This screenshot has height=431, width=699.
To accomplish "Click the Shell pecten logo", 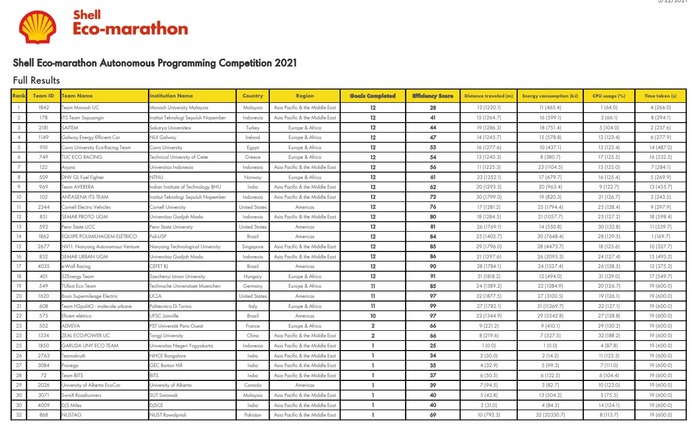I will tap(38, 27).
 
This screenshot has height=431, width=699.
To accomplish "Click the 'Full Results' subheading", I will tap(36, 80).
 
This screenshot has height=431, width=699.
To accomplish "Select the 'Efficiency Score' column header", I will tap(432, 96).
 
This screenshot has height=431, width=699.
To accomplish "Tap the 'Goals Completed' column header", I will tap(373, 96).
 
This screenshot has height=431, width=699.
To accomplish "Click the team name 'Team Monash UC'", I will tap(81, 108).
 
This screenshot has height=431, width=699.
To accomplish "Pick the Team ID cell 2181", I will tap(44, 127).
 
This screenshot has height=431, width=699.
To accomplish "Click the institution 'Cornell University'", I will tap(168, 207).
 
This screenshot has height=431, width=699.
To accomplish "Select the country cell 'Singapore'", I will tap(253, 247).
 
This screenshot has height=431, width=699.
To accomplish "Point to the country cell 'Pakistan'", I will tap(253, 415).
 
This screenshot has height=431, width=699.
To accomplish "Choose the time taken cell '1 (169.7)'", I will tap(660, 237).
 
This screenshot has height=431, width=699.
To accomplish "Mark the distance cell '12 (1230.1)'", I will tap(488, 108).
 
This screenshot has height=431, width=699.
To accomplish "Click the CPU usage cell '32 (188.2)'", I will tap(605, 336).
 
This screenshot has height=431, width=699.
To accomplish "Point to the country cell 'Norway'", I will tap(253, 177).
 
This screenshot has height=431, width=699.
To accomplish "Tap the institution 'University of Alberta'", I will tap(171, 385).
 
